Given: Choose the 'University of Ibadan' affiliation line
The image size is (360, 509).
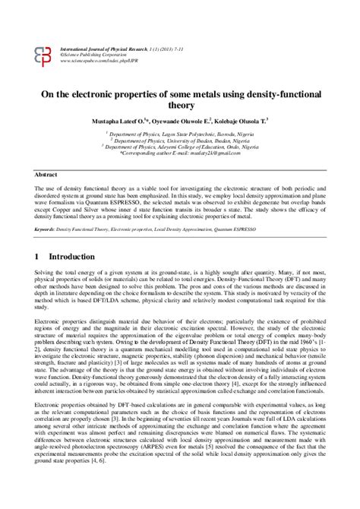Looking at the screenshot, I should tap(180, 141).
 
